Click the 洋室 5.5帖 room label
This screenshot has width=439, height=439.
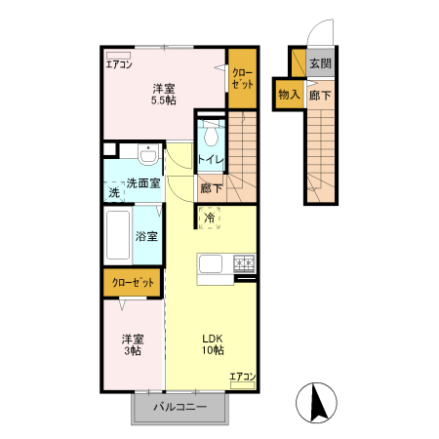[162, 93]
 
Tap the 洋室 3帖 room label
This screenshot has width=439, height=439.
[132, 344]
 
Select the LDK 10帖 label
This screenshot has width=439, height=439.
[213, 344]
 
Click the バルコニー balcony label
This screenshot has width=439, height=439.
[180, 407]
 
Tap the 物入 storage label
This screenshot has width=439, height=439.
[288, 95]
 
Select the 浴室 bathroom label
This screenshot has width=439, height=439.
[147, 236]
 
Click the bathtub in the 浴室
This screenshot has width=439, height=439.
[121, 235]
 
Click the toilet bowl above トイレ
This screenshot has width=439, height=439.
[211, 136]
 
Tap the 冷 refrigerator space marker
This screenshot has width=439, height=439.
[210, 218]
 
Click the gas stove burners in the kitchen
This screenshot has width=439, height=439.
[243, 261]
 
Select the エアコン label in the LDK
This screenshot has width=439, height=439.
[242, 377]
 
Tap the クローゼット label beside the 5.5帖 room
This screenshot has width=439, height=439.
[243, 78]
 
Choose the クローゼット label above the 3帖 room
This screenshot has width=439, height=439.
[133, 282]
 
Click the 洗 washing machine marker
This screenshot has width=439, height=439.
[115, 194]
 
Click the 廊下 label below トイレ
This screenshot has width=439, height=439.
[211, 187]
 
